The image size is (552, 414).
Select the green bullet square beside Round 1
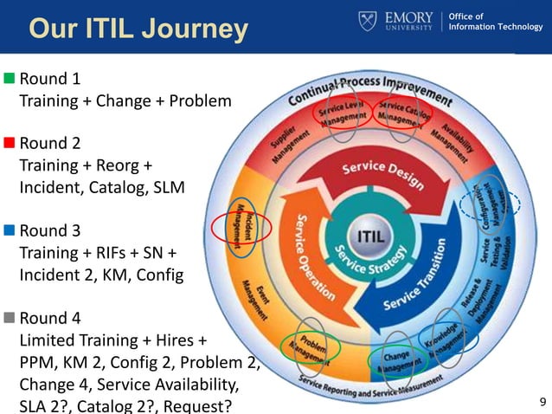pos(10,79)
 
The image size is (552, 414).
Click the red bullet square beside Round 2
pos(10,143)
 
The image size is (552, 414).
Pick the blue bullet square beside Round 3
pos(10,230)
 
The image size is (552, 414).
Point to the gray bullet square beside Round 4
pos(10,317)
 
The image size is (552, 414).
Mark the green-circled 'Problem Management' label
pos(310,348)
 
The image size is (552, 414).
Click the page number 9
pos(542,401)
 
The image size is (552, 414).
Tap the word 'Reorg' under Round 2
pos(134,165)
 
